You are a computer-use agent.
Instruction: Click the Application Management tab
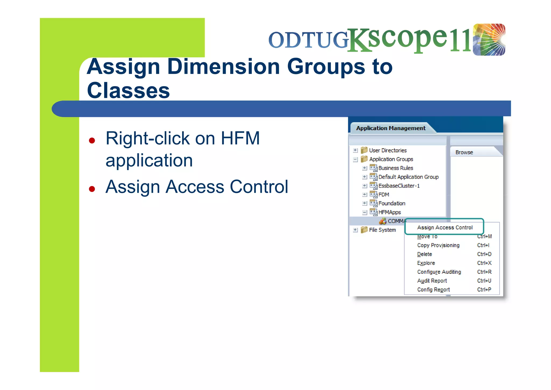[391, 128]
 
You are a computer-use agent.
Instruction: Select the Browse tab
[464, 152]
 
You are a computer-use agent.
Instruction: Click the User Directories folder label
[388, 150]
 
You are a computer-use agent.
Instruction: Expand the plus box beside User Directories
[355, 150]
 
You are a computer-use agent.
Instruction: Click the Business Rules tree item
[395, 168]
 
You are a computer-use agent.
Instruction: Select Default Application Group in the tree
[408, 177]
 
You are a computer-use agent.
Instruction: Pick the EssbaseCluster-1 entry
[399, 186]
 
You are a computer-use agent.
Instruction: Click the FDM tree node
[384, 195]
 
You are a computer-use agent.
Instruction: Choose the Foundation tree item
[392, 203]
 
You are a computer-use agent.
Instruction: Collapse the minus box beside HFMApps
[365, 213]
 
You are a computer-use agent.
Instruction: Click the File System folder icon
[364, 230]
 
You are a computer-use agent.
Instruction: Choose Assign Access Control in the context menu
[445, 227]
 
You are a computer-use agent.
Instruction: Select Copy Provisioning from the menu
[438, 245]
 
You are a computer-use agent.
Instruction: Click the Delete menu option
[425, 254]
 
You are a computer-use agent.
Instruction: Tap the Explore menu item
[426, 263]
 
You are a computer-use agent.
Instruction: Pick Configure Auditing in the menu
[439, 272]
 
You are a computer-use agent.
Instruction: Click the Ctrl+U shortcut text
[484, 281]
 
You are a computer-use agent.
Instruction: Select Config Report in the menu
[433, 290]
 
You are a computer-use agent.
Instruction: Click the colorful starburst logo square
[489, 40]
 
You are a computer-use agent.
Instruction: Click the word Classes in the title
[128, 91]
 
